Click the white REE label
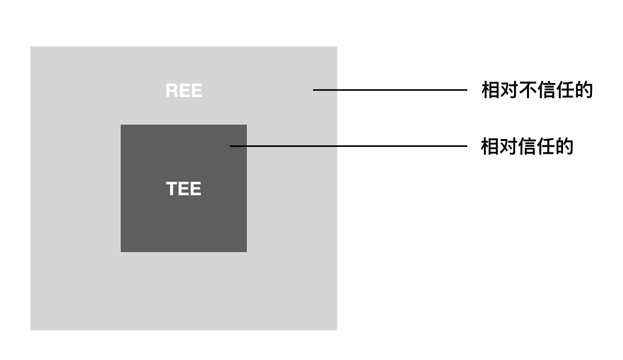(184, 91)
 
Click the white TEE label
(184, 189)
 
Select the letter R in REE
(171, 91)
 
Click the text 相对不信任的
(537, 90)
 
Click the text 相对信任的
(527, 147)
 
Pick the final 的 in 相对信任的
(564, 147)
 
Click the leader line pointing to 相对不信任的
(390, 90)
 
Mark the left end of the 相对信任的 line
(230, 147)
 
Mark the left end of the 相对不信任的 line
(314, 90)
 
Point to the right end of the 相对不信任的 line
(466, 90)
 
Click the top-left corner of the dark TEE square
(121, 125)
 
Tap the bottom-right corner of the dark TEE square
(246, 252)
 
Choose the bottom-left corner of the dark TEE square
(121, 252)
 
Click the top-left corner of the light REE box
(31, 47)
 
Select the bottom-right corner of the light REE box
(336, 329)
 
